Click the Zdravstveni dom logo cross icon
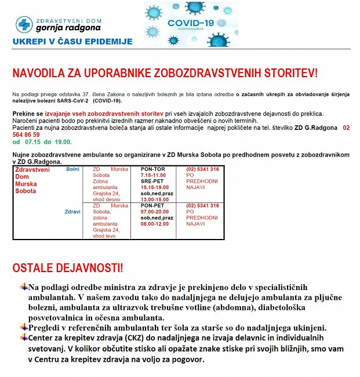(24, 24)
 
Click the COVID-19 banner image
(191, 24)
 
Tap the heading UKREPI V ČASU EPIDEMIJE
(72, 42)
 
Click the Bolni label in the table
(73, 169)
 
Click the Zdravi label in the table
(72, 212)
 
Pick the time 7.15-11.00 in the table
(154, 175)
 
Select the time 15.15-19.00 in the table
(155, 187)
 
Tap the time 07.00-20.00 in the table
(155, 212)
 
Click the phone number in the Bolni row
(202, 169)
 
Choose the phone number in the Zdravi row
(202, 206)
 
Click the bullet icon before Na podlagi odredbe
(24, 287)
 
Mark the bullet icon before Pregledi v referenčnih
(24, 327)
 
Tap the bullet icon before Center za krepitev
(24, 337)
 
